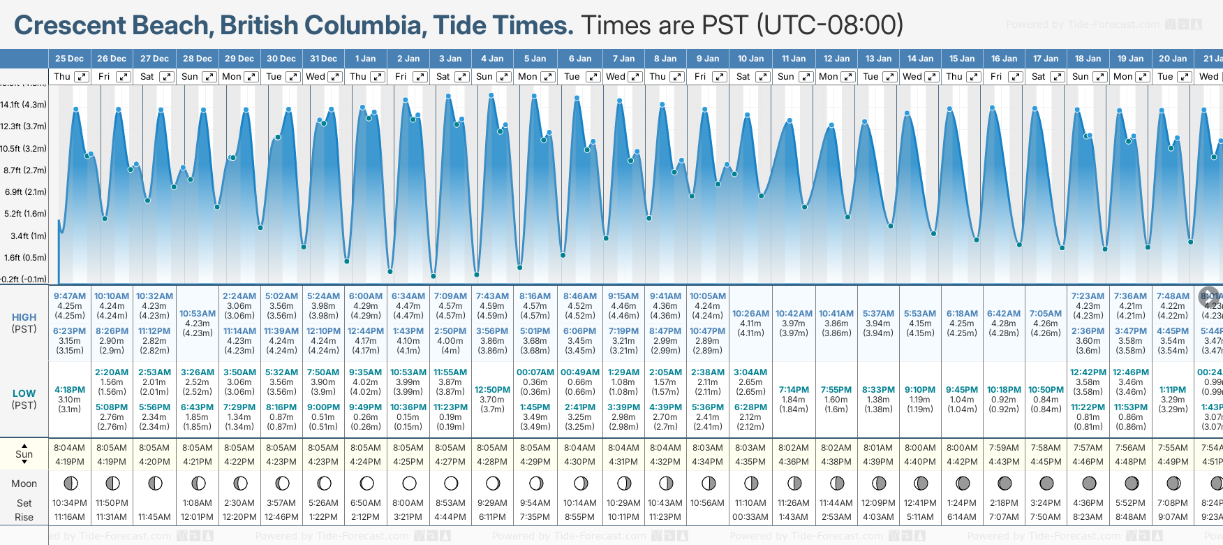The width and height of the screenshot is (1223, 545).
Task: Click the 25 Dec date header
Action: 69,59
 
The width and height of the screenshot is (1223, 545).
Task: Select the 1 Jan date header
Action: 365,59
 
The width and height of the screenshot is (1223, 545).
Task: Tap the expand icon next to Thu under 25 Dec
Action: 82,77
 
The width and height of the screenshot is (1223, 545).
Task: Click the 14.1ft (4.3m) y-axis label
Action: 24,105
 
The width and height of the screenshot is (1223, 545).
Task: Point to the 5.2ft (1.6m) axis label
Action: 24,214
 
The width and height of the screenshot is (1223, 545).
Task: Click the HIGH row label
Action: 24,317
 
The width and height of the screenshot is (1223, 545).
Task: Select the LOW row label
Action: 24,393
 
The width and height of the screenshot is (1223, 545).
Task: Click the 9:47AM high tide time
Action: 70,296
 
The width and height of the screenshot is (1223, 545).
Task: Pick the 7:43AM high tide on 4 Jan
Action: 492,296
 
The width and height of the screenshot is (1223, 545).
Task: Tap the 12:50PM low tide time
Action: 492,390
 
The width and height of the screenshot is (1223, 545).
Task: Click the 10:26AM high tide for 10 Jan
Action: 750,314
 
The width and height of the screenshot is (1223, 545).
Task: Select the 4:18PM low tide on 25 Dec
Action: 70,390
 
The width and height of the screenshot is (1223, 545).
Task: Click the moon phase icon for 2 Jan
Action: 409,484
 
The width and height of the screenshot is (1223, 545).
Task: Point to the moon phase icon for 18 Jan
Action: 1088,484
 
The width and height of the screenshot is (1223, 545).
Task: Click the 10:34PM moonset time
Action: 70,503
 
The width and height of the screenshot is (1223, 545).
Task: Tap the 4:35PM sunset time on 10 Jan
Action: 750,462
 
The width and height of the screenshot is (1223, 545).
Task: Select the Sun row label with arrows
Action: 24,454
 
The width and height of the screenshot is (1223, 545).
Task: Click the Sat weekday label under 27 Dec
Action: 147,77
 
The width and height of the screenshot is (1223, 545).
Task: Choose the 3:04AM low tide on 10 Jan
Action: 750,372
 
